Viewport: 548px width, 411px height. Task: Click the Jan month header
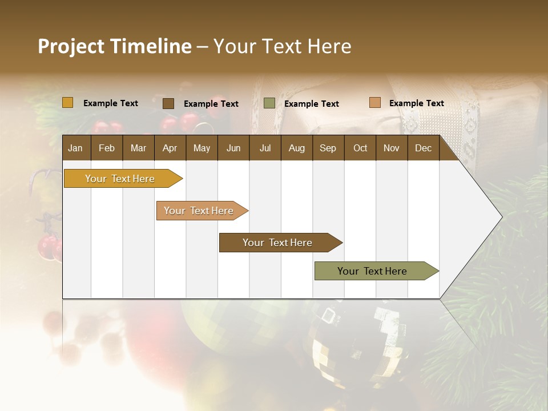click(x=75, y=148)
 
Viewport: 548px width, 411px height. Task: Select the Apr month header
click(x=170, y=148)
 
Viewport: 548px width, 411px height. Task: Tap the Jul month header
click(x=265, y=148)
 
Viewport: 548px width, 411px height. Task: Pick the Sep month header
click(x=328, y=148)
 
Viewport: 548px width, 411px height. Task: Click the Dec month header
click(x=423, y=148)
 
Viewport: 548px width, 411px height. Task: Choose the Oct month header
click(x=360, y=148)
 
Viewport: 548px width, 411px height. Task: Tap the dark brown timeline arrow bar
click(x=278, y=243)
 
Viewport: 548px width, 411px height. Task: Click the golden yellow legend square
click(x=68, y=103)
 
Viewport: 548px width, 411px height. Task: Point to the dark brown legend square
click(x=168, y=103)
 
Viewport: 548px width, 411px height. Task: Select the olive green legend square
click(x=269, y=103)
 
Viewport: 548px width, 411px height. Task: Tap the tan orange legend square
click(x=375, y=103)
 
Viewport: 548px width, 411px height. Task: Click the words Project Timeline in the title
click(x=114, y=46)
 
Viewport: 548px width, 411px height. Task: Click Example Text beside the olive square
click(x=311, y=104)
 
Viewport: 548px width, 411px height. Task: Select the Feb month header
click(x=107, y=148)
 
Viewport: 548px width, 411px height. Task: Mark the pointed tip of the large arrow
click(x=501, y=217)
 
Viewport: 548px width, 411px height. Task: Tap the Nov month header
click(x=392, y=148)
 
